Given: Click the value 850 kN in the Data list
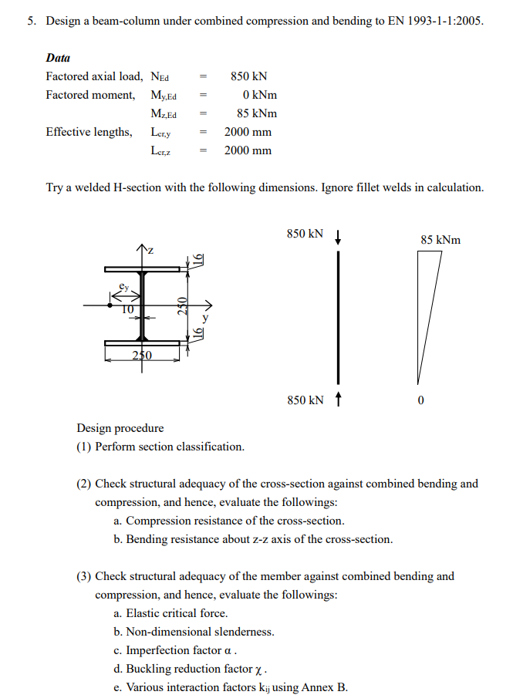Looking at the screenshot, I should tap(248, 76).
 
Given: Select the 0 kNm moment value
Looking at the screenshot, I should tap(259, 95).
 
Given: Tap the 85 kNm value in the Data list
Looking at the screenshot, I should tap(257, 113).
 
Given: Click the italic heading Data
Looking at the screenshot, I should tap(58, 58).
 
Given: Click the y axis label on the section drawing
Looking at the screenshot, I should tap(204, 316).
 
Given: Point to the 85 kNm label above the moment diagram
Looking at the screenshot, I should tap(440, 240).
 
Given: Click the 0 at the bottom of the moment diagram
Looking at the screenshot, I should tap(420, 400).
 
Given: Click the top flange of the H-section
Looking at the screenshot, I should tap(143, 268).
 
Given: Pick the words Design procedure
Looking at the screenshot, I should tap(120, 428).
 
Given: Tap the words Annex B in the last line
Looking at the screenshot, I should tap(327, 687).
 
